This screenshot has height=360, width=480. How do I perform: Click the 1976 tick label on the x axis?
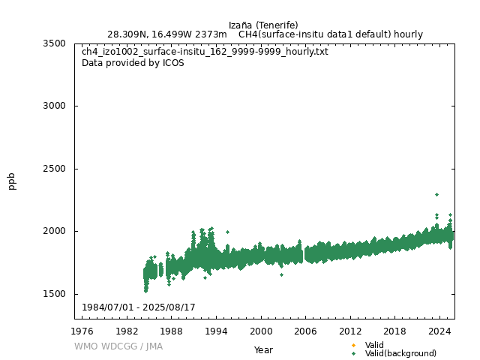[x=82, y=331]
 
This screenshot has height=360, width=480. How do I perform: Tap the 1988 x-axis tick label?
[x=172, y=331]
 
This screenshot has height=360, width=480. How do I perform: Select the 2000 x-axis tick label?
[x=261, y=331]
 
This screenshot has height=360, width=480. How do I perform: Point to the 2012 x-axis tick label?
[x=350, y=331]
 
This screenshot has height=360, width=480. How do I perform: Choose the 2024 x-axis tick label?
[x=439, y=331]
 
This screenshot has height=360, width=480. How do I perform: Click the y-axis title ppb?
[x=12, y=181]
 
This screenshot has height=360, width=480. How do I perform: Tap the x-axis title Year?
[x=263, y=349]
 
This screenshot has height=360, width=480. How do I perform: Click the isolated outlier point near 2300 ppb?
[x=436, y=194]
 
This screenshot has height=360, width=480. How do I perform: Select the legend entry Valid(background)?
[x=400, y=353]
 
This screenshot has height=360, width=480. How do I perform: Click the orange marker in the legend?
[x=353, y=345]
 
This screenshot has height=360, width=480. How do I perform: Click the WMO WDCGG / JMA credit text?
[x=118, y=346]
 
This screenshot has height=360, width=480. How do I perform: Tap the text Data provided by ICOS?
[x=133, y=63]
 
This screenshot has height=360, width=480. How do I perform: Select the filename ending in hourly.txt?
[x=205, y=52]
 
